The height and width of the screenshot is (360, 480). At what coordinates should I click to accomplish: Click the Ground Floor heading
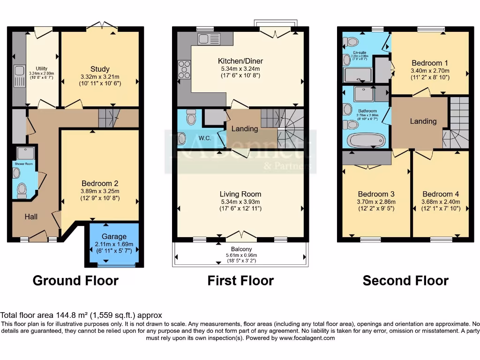(75, 280)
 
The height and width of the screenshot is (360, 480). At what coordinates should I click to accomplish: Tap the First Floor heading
(240, 280)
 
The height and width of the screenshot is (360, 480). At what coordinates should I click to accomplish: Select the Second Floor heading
(405, 280)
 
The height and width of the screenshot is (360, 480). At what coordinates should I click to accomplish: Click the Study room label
(100, 70)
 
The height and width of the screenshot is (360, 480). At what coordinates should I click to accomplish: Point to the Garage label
(114, 237)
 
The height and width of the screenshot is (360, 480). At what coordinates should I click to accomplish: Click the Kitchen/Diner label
(240, 61)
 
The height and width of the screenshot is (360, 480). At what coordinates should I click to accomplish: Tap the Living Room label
(240, 194)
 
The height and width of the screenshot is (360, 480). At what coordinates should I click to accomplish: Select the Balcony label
(241, 249)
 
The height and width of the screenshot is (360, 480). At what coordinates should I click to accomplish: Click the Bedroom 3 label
(376, 194)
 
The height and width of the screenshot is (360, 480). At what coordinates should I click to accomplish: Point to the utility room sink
(20, 72)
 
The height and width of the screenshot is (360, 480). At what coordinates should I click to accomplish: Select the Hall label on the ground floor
(31, 217)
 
